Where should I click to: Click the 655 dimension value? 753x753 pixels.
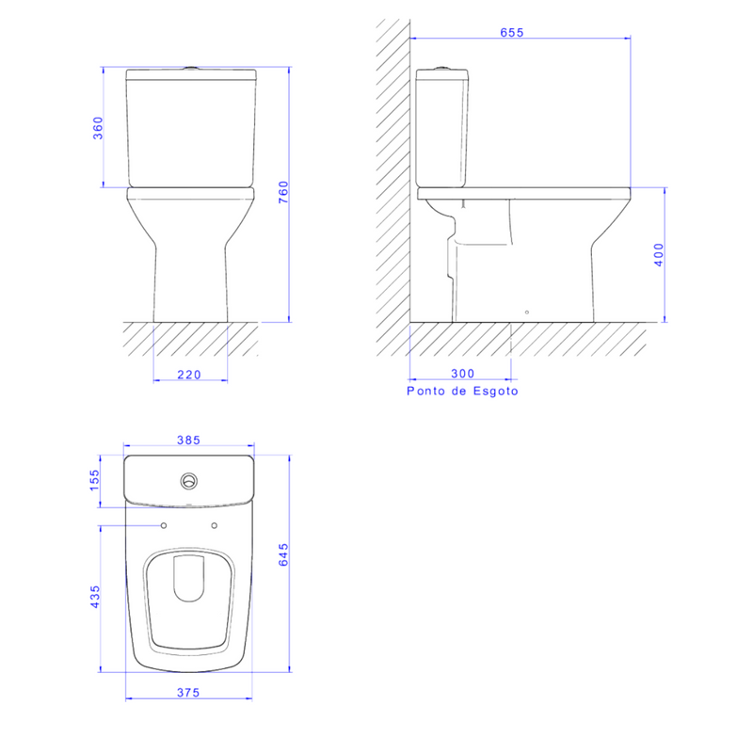(511, 33)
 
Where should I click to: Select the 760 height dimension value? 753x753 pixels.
(283, 192)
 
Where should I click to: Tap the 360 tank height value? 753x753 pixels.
(98, 128)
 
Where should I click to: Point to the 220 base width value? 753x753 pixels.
(189, 375)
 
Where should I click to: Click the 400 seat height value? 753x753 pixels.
(658, 254)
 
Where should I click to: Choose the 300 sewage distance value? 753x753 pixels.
(463, 374)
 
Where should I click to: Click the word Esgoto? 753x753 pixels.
(496, 392)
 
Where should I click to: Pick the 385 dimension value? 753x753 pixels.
(189, 441)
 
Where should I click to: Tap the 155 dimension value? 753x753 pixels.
(95, 480)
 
